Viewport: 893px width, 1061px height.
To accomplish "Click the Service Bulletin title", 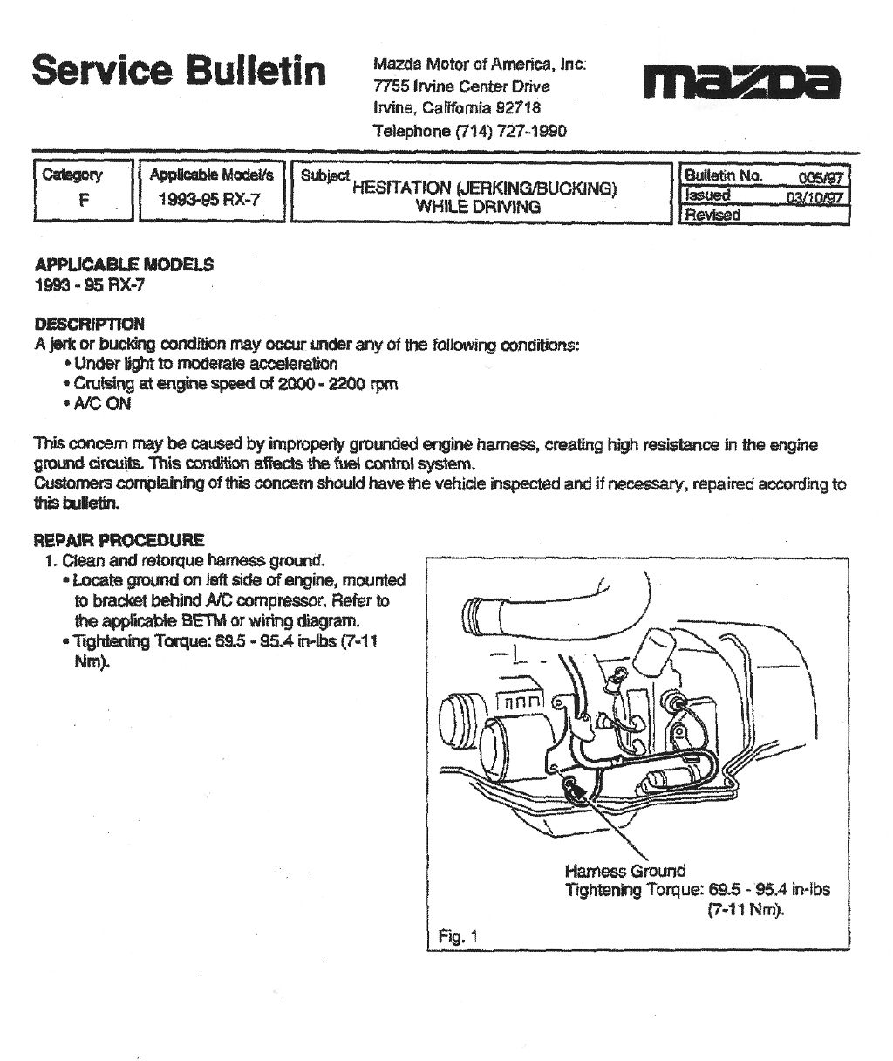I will tap(179, 70).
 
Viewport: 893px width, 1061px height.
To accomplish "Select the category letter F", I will tap(84, 199).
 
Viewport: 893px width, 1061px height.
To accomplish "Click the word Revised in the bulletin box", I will tap(712, 215).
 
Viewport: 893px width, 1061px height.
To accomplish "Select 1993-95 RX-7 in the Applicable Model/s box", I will tap(209, 199).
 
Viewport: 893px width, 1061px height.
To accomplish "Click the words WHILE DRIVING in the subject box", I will tap(478, 207).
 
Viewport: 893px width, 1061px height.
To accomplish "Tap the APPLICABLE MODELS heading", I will tap(123, 264).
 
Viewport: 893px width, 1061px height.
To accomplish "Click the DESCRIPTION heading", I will tap(89, 324).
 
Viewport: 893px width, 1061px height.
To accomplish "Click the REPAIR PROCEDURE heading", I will tap(119, 540).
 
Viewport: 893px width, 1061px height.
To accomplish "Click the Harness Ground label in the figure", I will tap(624, 871).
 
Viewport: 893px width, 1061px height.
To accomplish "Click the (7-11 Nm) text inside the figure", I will tap(746, 910).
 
